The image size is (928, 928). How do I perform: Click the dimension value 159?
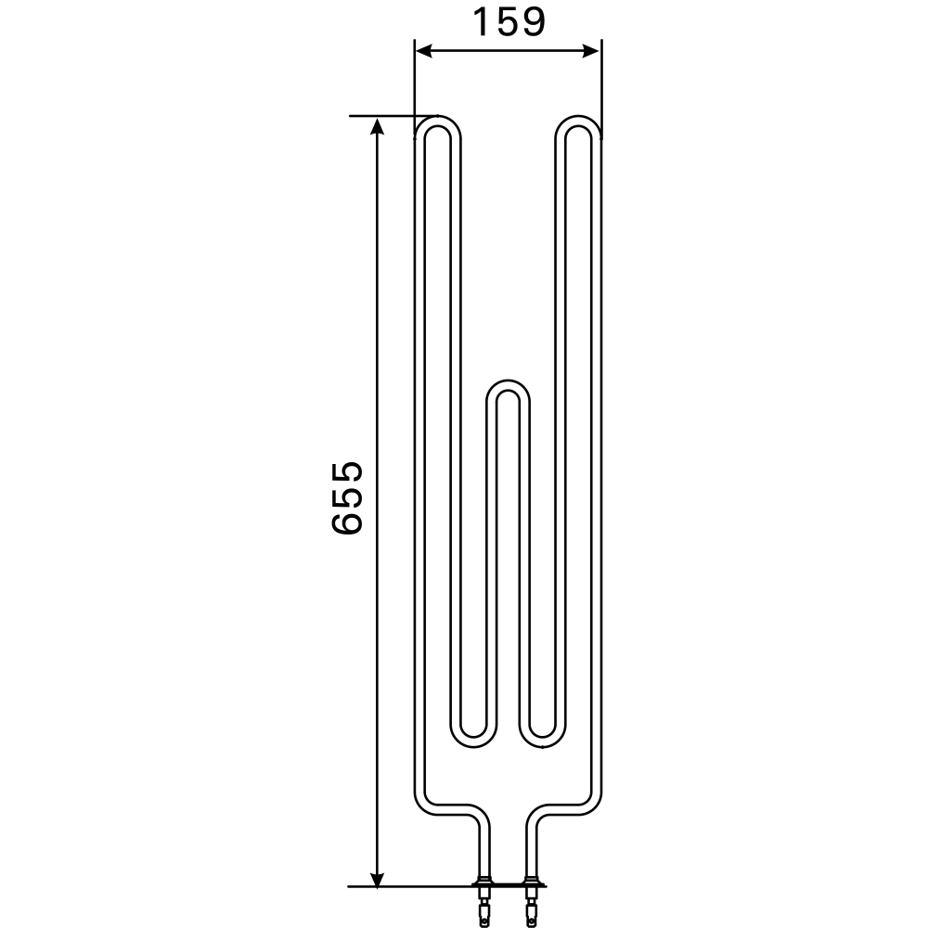click(508, 21)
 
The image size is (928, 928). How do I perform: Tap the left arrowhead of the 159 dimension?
click(422, 51)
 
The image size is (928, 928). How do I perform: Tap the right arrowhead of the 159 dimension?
click(592, 51)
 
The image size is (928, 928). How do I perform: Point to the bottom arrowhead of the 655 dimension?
click(377, 877)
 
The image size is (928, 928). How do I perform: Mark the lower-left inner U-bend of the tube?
click(473, 739)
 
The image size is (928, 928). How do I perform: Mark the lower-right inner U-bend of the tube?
click(543, 739)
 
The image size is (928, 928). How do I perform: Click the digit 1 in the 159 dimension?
click(483, 21)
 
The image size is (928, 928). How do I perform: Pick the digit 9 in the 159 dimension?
click(532, 21)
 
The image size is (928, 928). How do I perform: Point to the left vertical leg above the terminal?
click(483, 849)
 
